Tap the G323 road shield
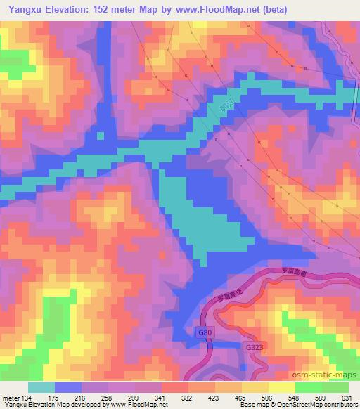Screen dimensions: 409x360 pyautogui.click(x=254, y=346)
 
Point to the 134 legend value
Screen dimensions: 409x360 pyautogui.click(x=28, y=397)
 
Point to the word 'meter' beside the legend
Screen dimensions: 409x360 pyautogui.click(x=10, y=397)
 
